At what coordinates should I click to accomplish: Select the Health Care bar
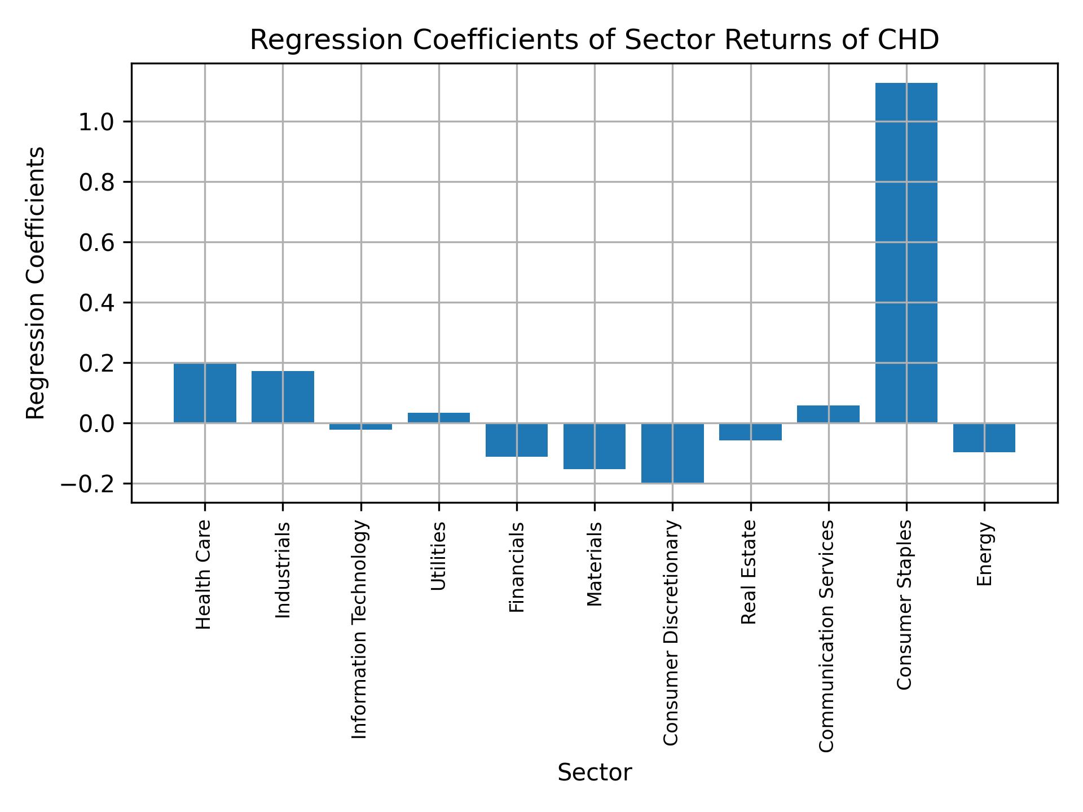(205, 393)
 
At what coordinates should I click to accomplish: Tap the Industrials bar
(283, 397)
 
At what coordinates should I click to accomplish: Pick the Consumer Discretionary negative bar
(672, 453)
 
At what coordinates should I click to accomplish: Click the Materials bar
(595, 446)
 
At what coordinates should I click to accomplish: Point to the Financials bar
(517, 440)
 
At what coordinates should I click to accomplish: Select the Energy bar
(984, 438)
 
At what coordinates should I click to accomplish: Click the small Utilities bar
(439, 418)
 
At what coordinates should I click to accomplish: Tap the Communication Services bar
(828, 414)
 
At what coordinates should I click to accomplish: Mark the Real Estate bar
(750, 432)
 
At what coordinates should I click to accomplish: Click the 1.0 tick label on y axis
(97, 122)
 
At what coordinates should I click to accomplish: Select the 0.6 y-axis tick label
(97, 243)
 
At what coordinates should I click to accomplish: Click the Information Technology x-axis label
(359, 629)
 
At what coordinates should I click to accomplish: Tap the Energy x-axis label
(984, 554)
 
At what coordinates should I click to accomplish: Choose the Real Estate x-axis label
(749, 572)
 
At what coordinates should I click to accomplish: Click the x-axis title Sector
(595, 773)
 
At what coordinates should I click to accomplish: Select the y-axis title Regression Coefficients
(36, 283)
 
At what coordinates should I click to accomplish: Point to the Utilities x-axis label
(438, 556)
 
